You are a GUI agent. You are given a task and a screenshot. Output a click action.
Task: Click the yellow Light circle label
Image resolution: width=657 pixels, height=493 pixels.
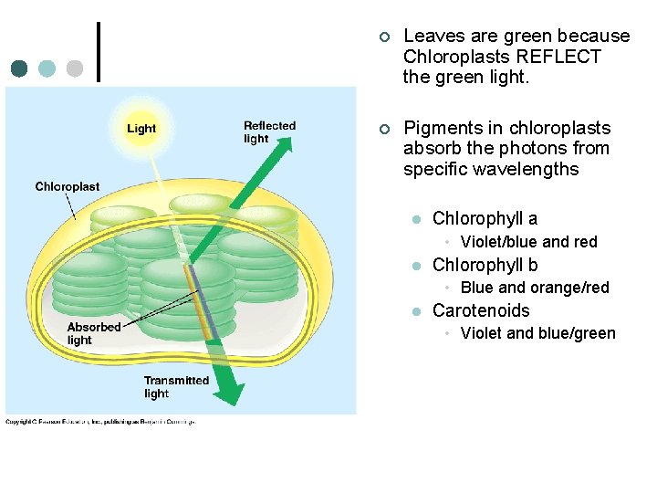(141, 129)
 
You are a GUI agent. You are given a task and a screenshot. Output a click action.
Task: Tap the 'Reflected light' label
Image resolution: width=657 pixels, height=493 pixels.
(269, 132)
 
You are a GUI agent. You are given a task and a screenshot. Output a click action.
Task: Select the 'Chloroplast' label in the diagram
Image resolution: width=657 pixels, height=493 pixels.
(68, 186)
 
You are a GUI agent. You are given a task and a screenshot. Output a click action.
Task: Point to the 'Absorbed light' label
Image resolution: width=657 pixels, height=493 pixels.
(93, 333)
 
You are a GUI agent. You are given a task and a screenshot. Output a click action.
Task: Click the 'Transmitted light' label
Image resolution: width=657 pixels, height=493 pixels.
(176, 387)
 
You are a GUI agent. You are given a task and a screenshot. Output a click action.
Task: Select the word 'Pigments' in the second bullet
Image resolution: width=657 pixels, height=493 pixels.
(442, 128)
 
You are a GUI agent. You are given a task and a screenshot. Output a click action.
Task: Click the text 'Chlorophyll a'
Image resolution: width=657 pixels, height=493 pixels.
(485, 218)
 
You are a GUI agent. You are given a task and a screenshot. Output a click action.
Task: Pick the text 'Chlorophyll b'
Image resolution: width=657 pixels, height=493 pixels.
(485, 265)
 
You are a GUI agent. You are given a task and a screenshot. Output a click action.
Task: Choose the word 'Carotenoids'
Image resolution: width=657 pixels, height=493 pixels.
(481, 310)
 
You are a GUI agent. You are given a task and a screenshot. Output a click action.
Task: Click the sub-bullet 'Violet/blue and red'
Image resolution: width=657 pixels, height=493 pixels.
(528, 242)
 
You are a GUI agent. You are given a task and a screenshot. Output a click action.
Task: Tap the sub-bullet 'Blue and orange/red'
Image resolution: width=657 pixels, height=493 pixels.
(535, 288)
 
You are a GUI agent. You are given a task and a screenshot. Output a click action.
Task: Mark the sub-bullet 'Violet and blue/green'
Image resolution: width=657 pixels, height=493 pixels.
(537, 333)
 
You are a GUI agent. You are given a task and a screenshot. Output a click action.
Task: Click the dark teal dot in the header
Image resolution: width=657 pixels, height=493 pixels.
(20, 68)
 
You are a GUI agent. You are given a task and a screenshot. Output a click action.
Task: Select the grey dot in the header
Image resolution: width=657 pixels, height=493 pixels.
(75, 68)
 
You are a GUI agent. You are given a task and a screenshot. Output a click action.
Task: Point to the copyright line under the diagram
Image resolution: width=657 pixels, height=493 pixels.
(100, 421)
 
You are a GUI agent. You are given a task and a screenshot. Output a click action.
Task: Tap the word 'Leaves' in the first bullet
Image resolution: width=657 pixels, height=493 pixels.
(433, 36)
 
